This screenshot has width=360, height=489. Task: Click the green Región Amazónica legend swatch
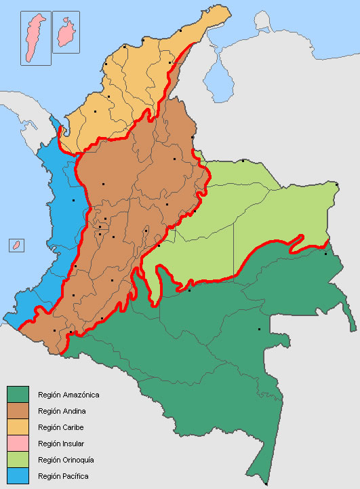coord(17,394)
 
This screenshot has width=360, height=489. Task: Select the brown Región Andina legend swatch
coord(17,410)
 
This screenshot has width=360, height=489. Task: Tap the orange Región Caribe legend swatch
coord(17,427)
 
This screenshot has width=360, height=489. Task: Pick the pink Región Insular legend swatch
coord(17,444)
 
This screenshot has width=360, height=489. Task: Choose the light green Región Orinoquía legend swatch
coord(17,460)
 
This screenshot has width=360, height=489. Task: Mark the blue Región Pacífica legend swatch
coord(17,476)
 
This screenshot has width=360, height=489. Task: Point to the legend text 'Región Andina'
coord(62,411)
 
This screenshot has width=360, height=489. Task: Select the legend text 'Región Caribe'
coord(62,427)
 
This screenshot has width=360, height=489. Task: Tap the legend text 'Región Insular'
coord(62,444)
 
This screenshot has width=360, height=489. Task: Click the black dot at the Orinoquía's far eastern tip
coord(337,184)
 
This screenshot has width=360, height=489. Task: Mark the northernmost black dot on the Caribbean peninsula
coord(182,30)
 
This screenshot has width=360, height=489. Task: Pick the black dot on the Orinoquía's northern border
coord(243,161)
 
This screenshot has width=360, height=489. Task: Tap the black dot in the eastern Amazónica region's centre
coord(259,330)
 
